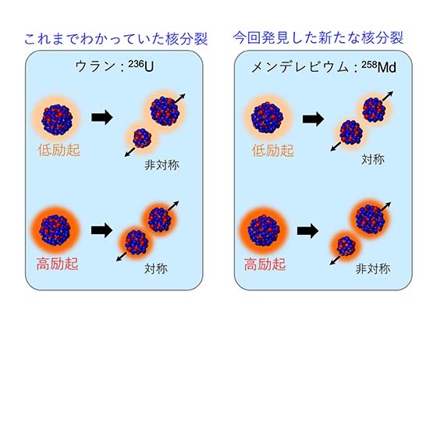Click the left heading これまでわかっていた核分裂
pyautogui.click(x=116, y=38)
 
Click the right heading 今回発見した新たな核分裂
pyautogui.click(x=318, y=37)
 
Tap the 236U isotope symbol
pyautogui.click(x=141, y=66)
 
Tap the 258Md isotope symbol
pyautogui.click(x=379, y=67)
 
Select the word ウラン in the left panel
pyautogui.click(x=95, y=67)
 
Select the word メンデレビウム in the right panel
pyautogui.click(x=300, y=67)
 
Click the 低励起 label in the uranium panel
pyautogui.click(x=59, y=150)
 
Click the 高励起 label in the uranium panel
pyautogui.click(x=57, y=264)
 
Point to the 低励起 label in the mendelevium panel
pyautogui.click(x=273, y=151)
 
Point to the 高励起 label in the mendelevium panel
pyautogui.click(x=265, y=264)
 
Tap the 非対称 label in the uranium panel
pyautogui.click(x=162, y=165)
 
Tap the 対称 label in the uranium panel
pyautogui.click(x=156, y=268)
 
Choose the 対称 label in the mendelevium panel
pyautogui.click(x=373, y=159)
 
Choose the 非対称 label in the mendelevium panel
pyautogui.click(x=373, y=268)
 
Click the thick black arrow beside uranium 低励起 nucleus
pyautogui.click(x=102, y=117)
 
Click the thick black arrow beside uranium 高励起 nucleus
pyautogui.click(x=101, y=230)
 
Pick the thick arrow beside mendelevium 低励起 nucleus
pyautogui.click(x=313, y=119)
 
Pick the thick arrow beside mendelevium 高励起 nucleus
pyautogui.click(x=307, y=231)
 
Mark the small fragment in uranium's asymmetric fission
pyautogui.click(x=142, y=138)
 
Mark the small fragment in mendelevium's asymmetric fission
pyautogui.click(x=346, y=246)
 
